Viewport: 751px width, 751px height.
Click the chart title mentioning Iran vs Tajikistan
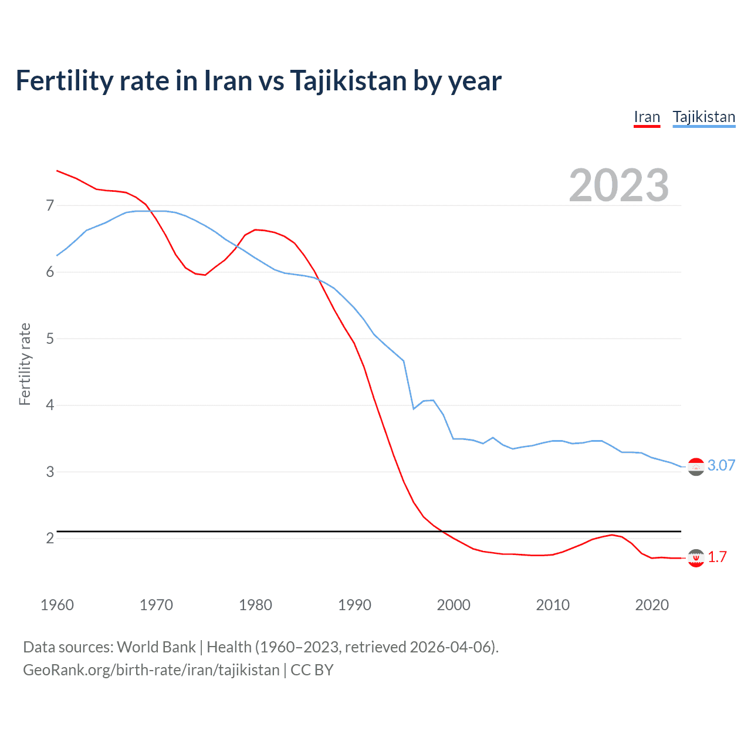click(x=258, y=80)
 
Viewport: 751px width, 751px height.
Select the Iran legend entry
click(x=647, y=117)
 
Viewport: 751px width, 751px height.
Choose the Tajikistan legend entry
click(x=703, y=117)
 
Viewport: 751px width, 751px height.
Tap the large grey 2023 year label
click(x=618, y=185)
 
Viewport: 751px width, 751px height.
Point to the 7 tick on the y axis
click(x=50, y=205)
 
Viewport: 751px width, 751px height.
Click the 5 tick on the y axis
click(x=50, y=339)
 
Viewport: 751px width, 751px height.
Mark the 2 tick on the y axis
click(x=50, y=538)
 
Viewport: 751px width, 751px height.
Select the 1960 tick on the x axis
click(x=57, y=605)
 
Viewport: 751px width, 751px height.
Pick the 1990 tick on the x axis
click(x=354, y=605)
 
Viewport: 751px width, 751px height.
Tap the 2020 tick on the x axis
click(x=652, y=605)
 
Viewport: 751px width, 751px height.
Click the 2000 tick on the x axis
click(x=454, y=605)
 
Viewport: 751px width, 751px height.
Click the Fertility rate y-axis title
click(x=25, y=364)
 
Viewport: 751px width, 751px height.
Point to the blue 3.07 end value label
click(x=721, y=465)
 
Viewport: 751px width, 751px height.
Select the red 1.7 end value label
click(x=717, y=557)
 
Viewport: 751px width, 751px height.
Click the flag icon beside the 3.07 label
click(x=696, y=466)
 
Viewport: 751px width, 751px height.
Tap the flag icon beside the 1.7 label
click(x=696, y=558)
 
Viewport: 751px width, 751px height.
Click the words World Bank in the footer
click(x=156, y=647)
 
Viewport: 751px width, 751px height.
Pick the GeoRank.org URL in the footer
click(x=151, y=670)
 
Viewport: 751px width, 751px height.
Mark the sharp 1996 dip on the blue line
click(x=414, y=408)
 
